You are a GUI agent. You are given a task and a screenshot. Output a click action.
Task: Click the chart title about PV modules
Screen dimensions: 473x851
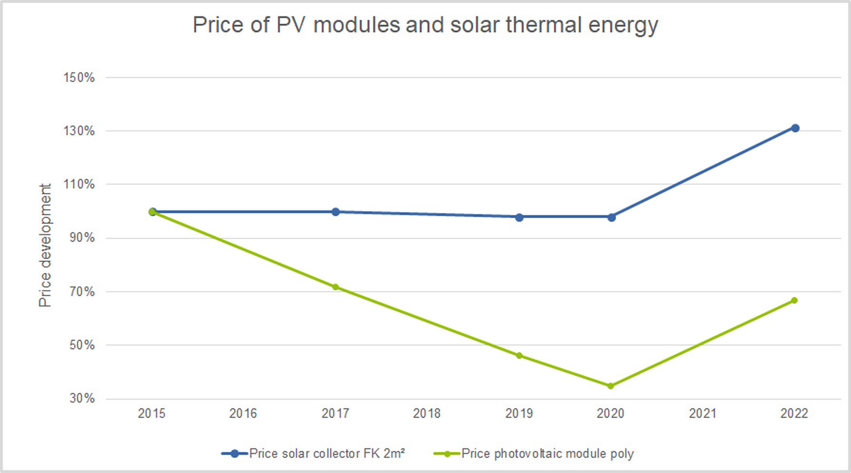click(425, 25)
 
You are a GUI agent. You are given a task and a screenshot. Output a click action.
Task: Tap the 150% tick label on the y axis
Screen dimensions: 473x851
click(79, 78)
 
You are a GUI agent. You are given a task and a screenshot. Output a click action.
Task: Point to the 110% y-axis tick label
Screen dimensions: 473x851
click(79, 184)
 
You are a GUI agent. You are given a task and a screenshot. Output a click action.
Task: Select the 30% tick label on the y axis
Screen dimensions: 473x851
click(82, 398)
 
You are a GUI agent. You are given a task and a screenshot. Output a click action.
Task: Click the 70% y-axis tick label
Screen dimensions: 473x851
click(82, 292)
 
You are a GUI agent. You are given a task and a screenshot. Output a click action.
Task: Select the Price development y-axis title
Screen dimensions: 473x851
click(45, 245)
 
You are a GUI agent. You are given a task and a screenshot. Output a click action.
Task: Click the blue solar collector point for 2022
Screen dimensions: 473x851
click(795, 128)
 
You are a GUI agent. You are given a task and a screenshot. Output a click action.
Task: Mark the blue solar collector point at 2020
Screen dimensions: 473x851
click(611, 217)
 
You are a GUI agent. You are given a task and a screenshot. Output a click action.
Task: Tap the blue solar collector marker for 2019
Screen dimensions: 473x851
click(519, 217)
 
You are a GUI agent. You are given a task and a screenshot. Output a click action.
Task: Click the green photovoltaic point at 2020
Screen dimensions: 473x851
click(611, 386)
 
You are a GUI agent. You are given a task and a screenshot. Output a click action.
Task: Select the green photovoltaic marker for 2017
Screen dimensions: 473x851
click(335, 287)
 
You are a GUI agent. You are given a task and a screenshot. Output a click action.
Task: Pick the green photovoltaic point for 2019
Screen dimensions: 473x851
click(519, 355)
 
